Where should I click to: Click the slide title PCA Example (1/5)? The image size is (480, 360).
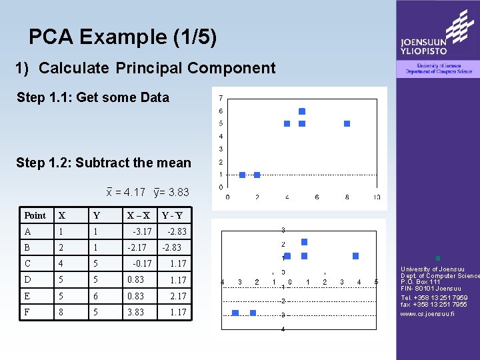123,37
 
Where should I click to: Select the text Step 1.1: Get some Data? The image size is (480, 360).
93,97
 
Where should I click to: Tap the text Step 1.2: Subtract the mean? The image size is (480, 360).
103,163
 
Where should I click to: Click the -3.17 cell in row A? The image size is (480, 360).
141,232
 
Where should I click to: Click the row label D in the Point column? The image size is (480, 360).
27,280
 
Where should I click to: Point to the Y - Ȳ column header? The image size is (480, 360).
172,215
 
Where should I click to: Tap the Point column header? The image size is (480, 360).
35,215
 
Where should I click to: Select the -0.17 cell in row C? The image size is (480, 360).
141,264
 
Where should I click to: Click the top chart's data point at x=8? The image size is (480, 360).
347,123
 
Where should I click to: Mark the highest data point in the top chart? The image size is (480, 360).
302,111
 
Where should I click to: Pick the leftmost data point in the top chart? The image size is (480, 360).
242,175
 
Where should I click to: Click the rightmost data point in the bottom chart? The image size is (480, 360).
355,256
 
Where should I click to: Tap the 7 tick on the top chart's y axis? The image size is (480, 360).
221,98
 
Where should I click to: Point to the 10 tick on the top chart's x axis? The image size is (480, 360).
376,197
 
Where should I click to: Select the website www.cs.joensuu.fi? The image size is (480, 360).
427,313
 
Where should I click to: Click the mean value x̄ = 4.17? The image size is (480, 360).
126,193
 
